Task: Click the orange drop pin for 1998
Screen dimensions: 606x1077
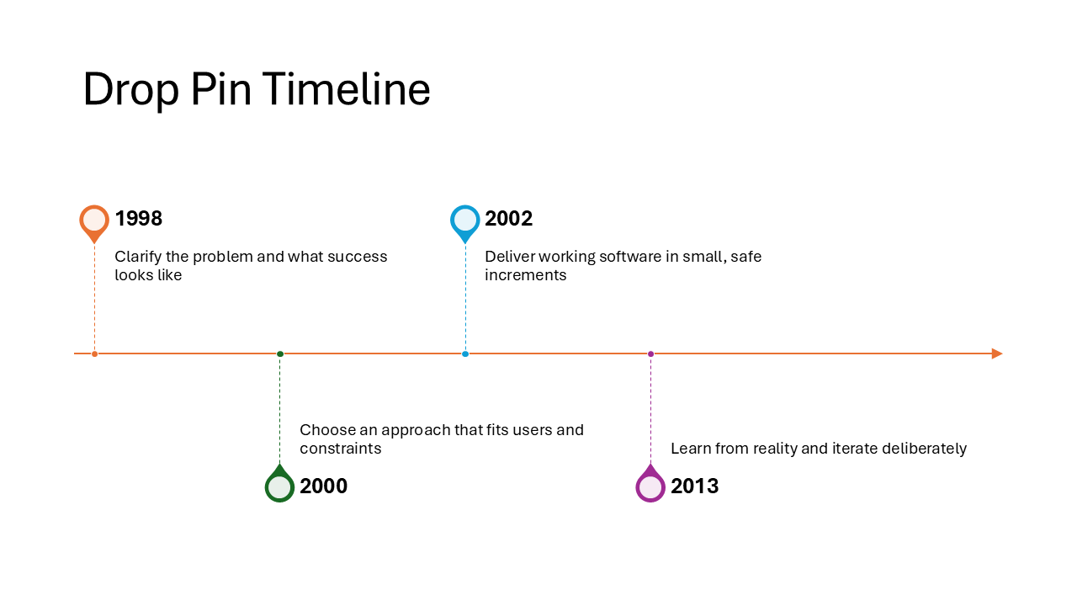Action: click(94, 221)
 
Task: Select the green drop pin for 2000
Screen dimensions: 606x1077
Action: click(279, 486)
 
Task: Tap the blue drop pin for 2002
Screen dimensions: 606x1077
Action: click(464, 221)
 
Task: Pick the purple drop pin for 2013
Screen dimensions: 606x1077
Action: click(650, 486)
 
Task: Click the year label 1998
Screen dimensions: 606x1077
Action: click(139, 219)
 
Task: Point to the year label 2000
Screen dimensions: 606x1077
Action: click(324, 486)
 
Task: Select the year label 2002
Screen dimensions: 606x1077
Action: click(509, 219)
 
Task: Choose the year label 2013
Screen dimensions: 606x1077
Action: click(694, 486)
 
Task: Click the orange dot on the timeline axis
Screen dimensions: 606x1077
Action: click(94, 353)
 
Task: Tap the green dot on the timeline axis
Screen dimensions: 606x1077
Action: click(280, 353)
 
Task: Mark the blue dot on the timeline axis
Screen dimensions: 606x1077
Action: click(465, 353)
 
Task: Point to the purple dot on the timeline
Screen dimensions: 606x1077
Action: click(650, 353)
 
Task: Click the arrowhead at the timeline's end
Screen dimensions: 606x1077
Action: click(997, 353)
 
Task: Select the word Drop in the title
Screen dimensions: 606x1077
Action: click(130, 89)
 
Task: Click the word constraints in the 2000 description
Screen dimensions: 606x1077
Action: click(341, 449)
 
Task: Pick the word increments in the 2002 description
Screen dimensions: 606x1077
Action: click(526, 275)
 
